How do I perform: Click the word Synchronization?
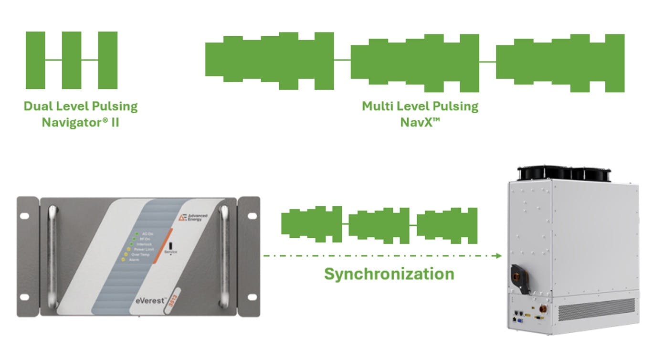(x=389, y=274)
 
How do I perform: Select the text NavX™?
(x=420, y=122)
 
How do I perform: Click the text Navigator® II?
(x=80, y=122)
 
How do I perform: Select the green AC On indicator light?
(x=137, y=233)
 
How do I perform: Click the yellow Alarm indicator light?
(x=124, y=260)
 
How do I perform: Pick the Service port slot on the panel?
(x=170, y=240)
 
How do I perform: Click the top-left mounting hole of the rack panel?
(x=24, y=216)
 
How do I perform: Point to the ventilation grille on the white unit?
(x=596, y=309)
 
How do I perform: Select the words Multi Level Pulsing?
(x=420, y=106)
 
